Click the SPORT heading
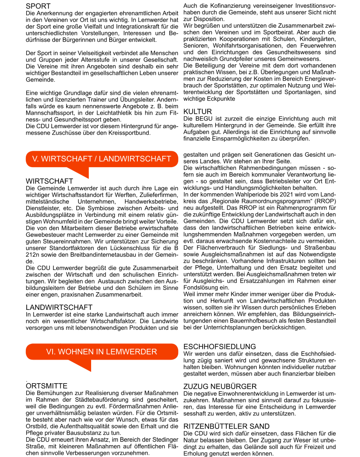click(x=38, y=6)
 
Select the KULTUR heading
click(x=197, y=111)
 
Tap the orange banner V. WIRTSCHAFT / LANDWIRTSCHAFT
click(x=102, y=159)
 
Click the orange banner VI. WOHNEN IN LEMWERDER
click(x=102, y=352)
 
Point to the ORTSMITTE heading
click(x=47, y=386)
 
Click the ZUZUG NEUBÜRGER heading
click(x=220, y=386)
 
